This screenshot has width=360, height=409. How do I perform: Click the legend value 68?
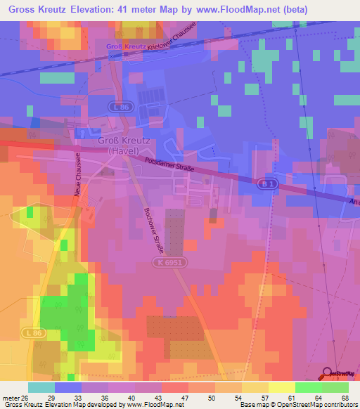click(x=345, y=397)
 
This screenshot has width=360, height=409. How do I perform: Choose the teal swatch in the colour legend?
click(x=41, y=387)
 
